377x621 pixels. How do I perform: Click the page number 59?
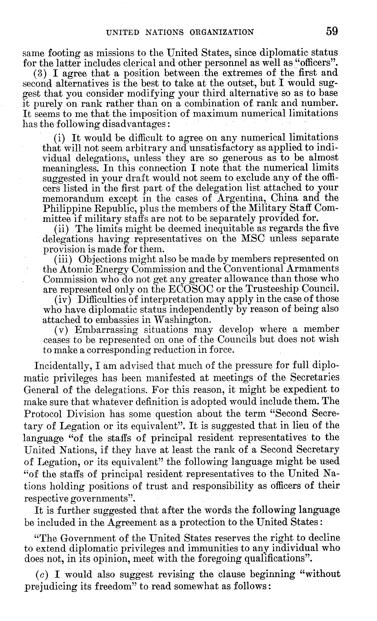[332, 31]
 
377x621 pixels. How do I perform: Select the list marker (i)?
[59, 138]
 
